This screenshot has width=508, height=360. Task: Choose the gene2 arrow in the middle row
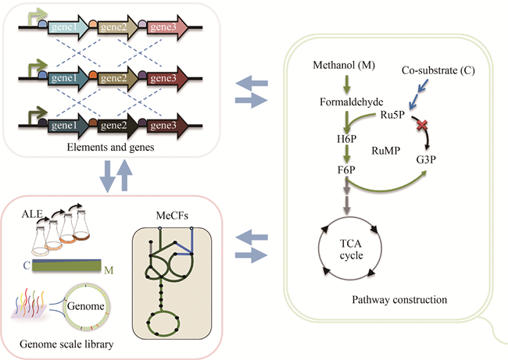(116, 78)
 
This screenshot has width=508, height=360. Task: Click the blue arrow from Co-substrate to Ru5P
(423, 94)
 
